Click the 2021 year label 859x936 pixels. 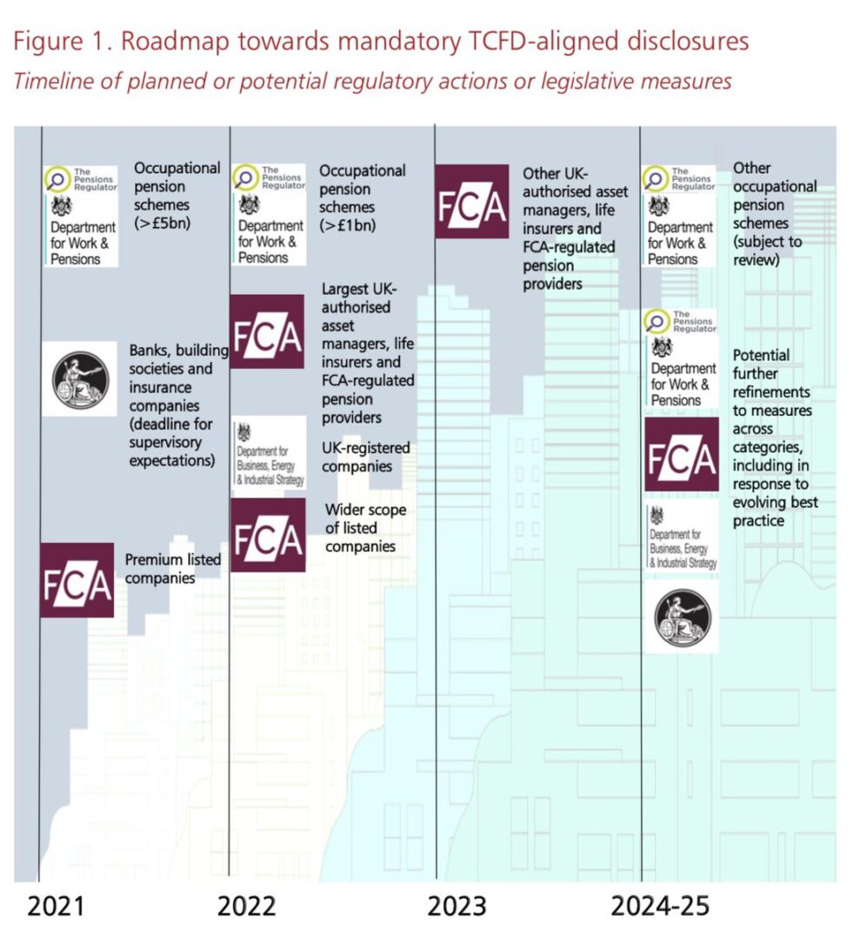click(x=57, y=906)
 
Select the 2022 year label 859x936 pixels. click(x=246, y=906)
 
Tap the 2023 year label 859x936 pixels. click(x=456, y=906)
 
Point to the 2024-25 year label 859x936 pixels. click(x=660, y=906)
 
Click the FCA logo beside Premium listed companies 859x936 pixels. click(x=77, y=580)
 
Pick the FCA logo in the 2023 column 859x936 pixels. click(x=471, y=201)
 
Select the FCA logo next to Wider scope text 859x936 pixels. click(x=267, y=535)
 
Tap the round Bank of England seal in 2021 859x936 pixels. click(x=79, y=378)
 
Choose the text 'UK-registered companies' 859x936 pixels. click(x=366, y=458)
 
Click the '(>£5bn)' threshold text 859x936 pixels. click(x=163, y=224)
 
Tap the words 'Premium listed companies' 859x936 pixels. click(x=172, y=568)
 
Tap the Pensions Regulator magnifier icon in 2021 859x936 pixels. click(x=57, y=180)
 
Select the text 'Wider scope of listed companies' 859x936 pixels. click(x=365, y=528)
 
